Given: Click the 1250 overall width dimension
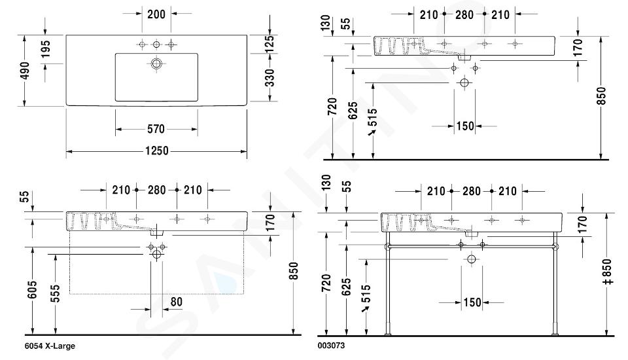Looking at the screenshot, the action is [x=156, y=151].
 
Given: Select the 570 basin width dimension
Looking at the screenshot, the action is [x=156, y=129].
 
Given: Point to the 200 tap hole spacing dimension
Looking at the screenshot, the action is [x=156, y=14].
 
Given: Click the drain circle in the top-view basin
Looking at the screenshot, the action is [x=156, y=63].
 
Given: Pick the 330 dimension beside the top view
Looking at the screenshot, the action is [x=270, y=77].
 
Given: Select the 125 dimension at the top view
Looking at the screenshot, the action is [x=270, y=44].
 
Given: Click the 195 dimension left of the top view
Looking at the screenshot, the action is [x=45, y=48].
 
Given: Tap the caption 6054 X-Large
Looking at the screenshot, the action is [x=50, y=346].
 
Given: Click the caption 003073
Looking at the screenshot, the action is [x=331, y=346].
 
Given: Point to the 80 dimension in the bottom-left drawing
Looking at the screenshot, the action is [x=176, y=302].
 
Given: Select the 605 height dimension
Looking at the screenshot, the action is [x=33, y=289].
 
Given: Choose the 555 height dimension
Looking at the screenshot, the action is [x=55, y=293].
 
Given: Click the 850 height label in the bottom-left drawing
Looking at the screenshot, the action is [x=294, y=271].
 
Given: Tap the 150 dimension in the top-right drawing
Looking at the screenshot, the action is [x=465, y=126].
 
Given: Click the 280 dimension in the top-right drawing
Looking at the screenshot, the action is [x=464, y=15].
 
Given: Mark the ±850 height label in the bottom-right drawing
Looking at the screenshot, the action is [x=607, y=272].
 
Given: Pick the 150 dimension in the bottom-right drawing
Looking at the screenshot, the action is [x=472, y=302].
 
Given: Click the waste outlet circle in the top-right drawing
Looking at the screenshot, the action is [x=464, y=83].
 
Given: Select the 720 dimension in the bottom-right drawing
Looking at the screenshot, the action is [x=327, y=283].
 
